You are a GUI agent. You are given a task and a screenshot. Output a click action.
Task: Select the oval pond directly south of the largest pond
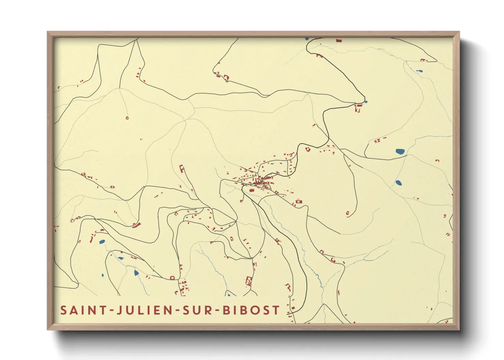398,183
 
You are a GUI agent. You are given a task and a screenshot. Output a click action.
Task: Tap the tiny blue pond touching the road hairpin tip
366,101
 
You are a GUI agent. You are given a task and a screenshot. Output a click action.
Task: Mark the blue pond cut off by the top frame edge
307,39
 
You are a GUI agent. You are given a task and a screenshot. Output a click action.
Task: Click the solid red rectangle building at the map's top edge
338,40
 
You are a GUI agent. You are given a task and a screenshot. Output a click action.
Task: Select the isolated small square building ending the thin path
127,118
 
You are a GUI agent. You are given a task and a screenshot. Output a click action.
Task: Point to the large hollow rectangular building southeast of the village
299,201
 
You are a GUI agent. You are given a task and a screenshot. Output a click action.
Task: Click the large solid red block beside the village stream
252,190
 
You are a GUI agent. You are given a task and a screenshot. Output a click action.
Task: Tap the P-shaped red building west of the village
182,168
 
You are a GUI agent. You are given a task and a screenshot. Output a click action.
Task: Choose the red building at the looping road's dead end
348,214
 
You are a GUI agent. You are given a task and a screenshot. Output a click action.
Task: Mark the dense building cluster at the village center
261,181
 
